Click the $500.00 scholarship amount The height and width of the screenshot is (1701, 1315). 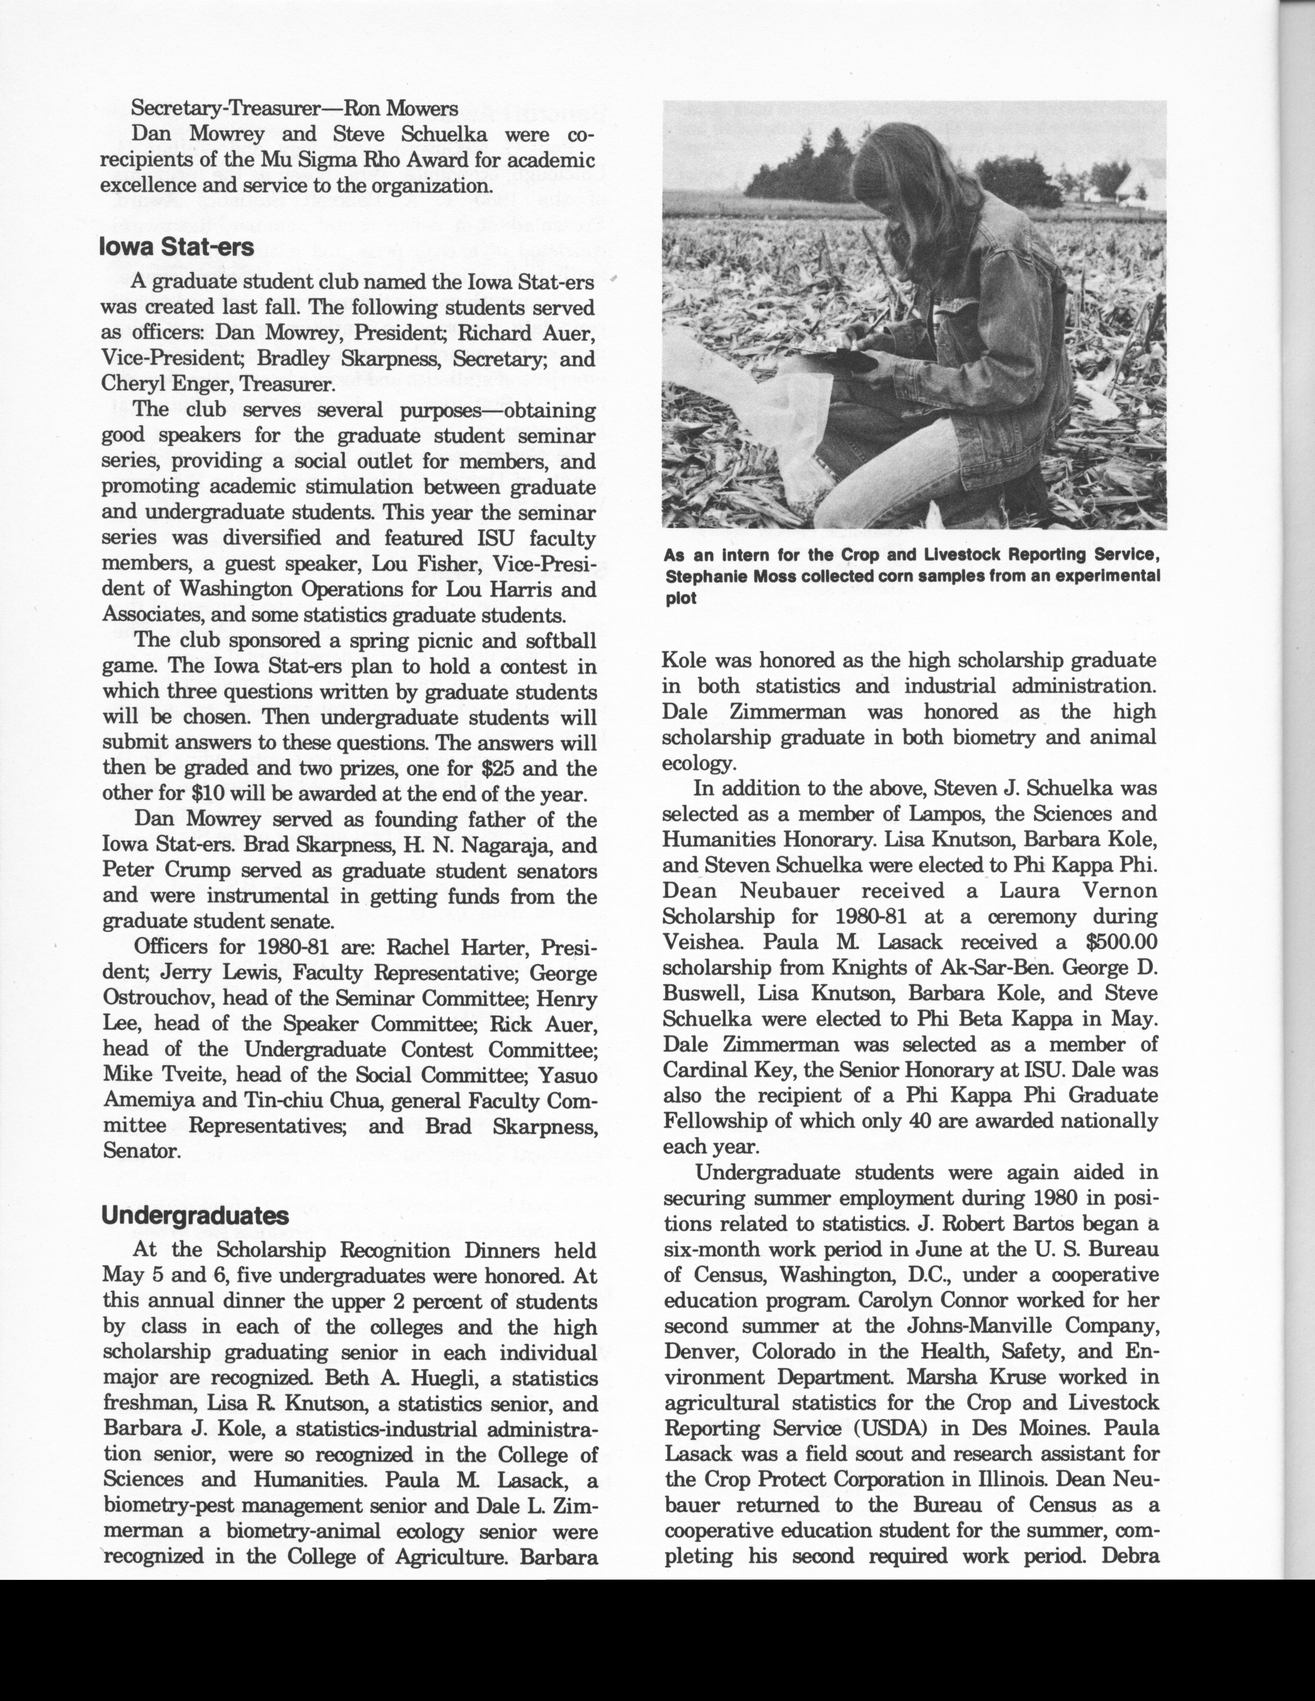(x=1121, y=942)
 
